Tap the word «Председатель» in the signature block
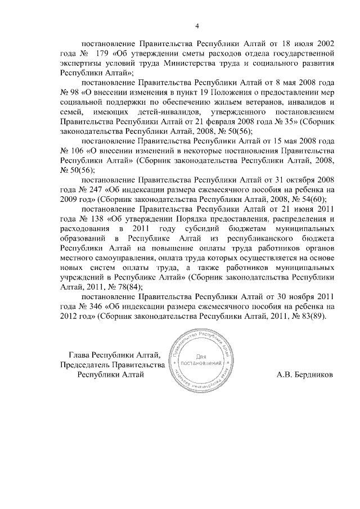[86, 365]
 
